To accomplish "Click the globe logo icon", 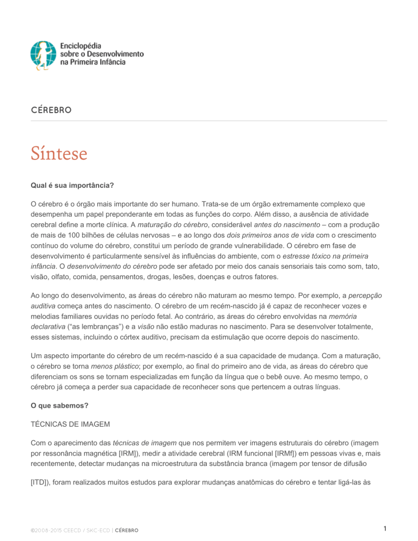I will point(43,54).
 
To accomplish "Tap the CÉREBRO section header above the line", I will point(51,110).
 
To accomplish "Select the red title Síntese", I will point(58,154).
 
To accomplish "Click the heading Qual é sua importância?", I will point(72,185).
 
